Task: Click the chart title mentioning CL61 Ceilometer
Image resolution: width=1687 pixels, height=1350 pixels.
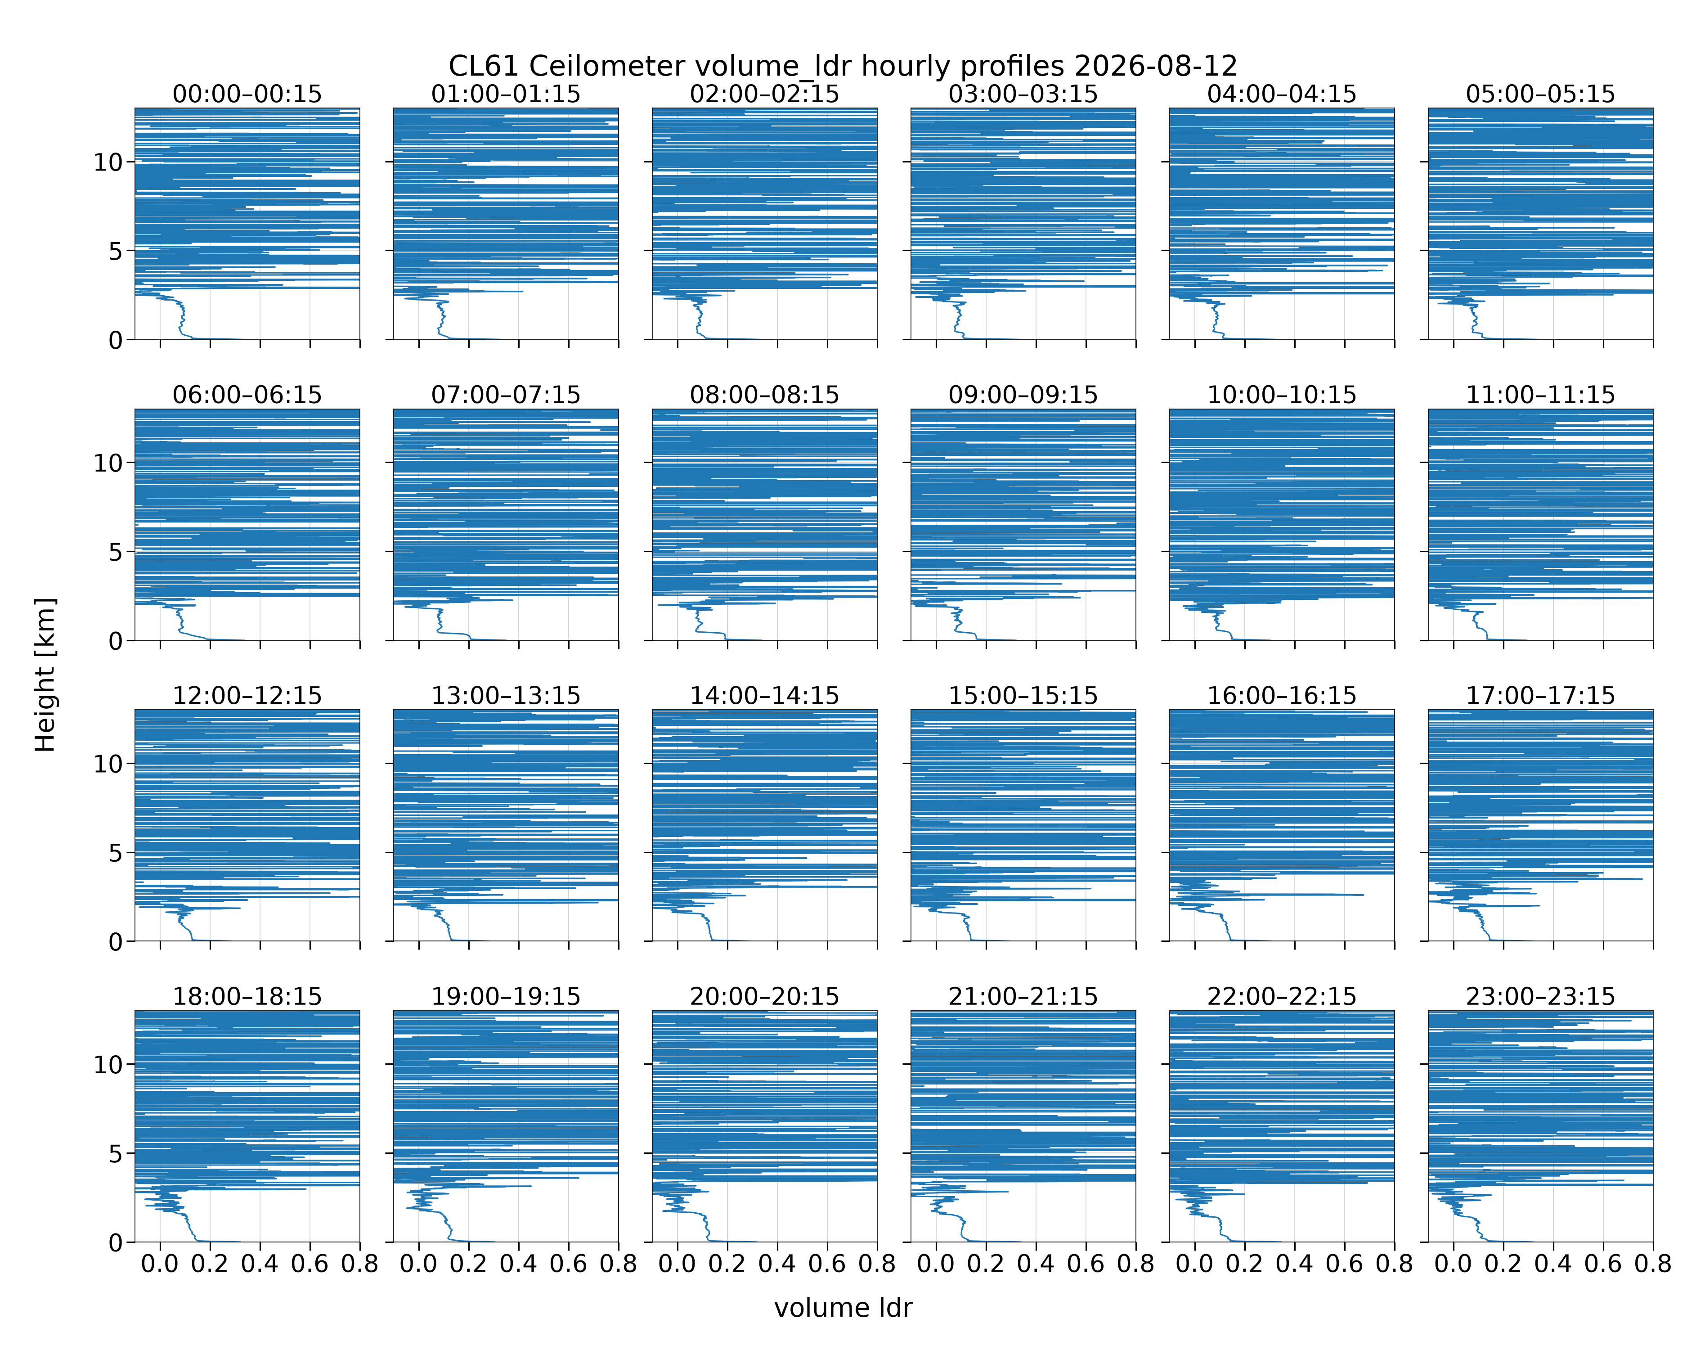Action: click(843, 66)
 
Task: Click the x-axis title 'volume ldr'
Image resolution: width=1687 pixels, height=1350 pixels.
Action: click(843, 1308)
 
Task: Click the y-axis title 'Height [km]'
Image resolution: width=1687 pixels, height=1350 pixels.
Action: click(45, 675)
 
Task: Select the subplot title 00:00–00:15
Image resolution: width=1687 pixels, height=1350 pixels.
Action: click(247, 94)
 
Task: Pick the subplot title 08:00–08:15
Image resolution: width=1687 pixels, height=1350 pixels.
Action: click(764, 395)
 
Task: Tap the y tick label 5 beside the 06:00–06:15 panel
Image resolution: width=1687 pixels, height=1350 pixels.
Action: click(116, 552)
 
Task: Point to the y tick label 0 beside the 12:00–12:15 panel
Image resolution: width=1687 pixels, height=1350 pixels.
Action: click(116, 941)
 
